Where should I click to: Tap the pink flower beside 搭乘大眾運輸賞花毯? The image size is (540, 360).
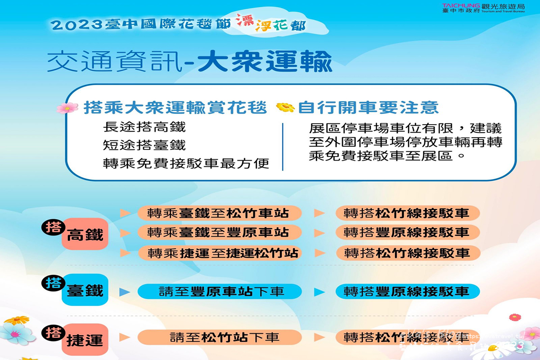click(67, 108)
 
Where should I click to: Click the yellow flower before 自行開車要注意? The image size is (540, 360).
click(285, 107)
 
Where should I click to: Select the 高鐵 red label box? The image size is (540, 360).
click(85, 234)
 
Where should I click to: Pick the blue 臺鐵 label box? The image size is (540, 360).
click(85, 290)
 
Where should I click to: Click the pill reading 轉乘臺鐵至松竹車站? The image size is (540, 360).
click(219, 213)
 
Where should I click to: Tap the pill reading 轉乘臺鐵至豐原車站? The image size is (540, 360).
click(219, 233)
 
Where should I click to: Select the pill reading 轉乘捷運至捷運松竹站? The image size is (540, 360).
click(219, 253)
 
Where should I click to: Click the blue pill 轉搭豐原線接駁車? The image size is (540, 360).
click(407, 292)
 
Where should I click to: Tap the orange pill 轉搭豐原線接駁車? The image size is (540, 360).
click(407, 233)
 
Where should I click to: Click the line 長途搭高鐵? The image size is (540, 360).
click(144, 127)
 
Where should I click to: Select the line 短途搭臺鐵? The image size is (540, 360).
click(144, 145)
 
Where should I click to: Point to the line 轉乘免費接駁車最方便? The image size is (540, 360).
click(186, 163)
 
